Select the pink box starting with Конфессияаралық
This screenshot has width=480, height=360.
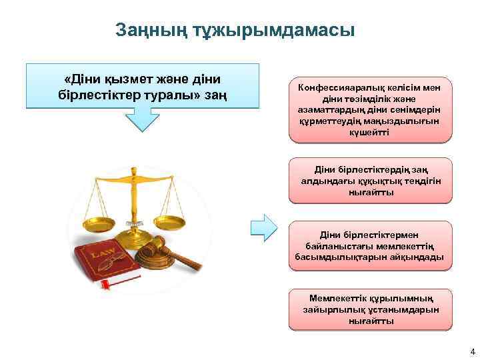pos(370,110)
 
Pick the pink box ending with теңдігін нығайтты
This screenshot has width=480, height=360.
pos(370,181)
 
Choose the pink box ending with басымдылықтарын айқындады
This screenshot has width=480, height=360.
pos(370,245)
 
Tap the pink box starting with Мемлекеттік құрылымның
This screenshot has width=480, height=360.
pos(370,309)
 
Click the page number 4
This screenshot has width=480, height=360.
pos(472,351)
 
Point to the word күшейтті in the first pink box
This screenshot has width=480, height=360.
pos(370,132)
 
